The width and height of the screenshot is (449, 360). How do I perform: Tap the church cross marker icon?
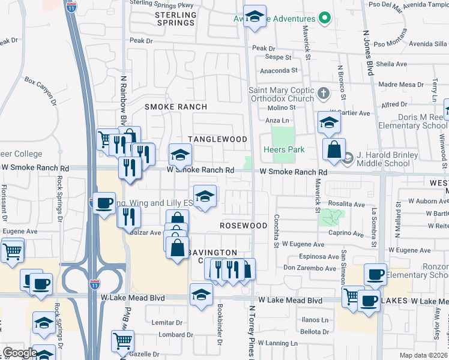coord(324,93)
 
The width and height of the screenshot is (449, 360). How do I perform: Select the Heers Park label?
coord(284,149)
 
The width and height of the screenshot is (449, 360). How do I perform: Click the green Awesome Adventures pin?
coord(325,18)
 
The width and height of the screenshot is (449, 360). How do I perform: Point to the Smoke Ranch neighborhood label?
coord(176,107)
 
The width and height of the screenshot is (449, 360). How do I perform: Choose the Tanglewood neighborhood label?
coord(217,139)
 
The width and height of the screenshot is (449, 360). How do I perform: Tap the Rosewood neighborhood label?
coord(243,226)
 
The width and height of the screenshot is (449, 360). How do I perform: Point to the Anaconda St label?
coord(278,70)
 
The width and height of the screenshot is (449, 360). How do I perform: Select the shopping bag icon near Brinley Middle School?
coord(333,149)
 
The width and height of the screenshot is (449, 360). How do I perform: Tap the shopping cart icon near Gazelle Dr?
coord(122,341)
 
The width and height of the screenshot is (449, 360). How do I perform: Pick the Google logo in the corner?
coord(19,352)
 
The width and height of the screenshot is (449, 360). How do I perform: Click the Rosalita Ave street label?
coord(348,204)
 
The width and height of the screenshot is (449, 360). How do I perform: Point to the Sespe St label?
coord(278,58)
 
